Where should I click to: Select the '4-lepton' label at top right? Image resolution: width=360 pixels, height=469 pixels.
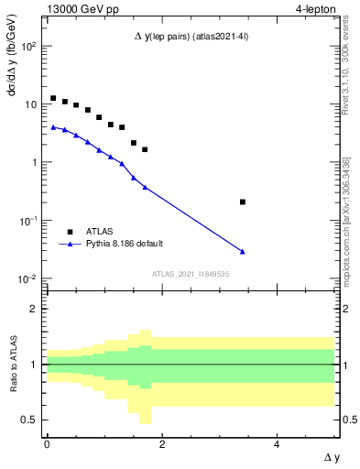pos(316,10)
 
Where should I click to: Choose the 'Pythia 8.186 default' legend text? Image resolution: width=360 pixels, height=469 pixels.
pos(125,244)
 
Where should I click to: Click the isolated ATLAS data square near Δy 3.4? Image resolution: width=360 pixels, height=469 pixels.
pos(242,202)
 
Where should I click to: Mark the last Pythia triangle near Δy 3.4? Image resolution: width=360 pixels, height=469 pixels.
pos(242,251)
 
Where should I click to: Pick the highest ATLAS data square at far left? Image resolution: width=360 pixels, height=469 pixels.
pos(53,98)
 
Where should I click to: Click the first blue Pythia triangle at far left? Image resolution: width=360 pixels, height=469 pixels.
pos(53,127)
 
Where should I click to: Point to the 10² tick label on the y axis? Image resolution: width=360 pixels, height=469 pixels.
pos(29,46)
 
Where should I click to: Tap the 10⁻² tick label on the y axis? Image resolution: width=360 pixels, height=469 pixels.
pos(29,278)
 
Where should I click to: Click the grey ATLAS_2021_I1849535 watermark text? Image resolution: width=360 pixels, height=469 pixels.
pos(191,274)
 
